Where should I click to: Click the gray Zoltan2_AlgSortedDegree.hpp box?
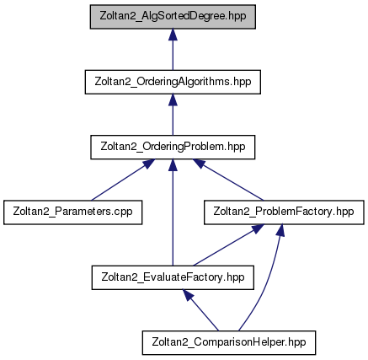coord(173,17)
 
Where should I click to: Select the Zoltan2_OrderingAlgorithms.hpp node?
coord(173,82)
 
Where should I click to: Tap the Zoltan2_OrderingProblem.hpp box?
coord(173,147)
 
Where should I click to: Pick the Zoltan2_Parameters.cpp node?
coord(73,212)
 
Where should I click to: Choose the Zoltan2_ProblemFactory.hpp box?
coord(284,212)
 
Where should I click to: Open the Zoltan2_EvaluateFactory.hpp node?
coord(173,277)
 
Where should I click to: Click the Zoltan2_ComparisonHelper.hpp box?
coord(229,342)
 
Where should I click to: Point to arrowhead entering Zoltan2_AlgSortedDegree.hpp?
coord(173,35)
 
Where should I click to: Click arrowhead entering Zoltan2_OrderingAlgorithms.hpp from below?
coord(173,99)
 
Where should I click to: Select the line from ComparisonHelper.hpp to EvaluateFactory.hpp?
coord(200,310)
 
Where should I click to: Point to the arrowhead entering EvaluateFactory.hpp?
coord(188,295)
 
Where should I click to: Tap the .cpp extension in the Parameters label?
coord(123,212)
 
